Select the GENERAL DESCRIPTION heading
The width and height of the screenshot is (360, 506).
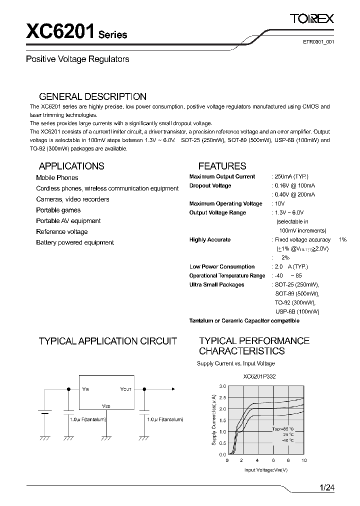pyautogui.click(x=92, y=96)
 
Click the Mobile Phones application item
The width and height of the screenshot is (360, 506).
pyautogui.click(x=57, y=177)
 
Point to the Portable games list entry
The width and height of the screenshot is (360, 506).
pyautogui.click(x=58, y=210)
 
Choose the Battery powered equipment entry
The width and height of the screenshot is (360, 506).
pyautogui.click(x=75, y=242)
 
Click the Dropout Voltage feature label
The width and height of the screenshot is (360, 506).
pyautogui.click(x=210, y=185)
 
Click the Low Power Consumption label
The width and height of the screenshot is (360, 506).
pyautogui.click(x=221, y=266)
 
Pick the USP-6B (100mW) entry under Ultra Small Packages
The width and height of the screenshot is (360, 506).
pyautogui.click(x=297, y=311)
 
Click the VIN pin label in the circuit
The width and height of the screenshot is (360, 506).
pyautogui.click(x=86, y=388)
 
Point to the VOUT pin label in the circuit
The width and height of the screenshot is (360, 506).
pyautogui.click(x=125, y=388)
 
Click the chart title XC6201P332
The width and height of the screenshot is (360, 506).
pyautogui.click(x=259, y=376)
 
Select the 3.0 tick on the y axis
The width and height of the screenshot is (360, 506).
pyautogui.click(x=222, y=386)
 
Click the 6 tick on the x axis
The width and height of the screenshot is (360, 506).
pyautogui.click(x=273, y=460)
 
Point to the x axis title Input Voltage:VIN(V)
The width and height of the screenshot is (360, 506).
pyautogui.click(x=266, y=469)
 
